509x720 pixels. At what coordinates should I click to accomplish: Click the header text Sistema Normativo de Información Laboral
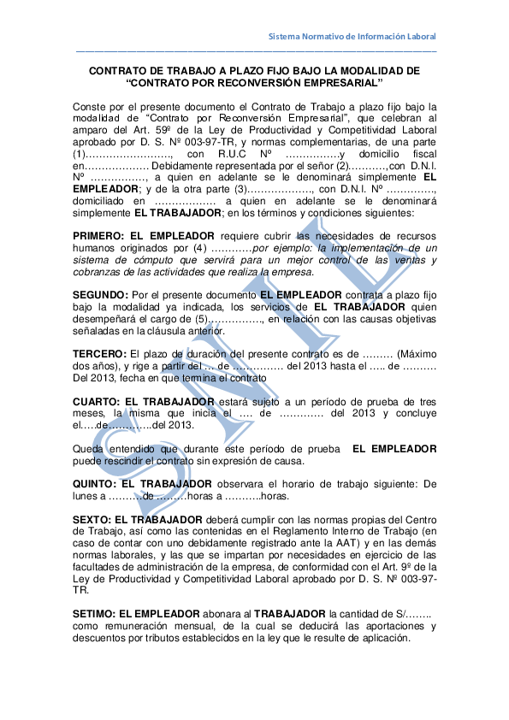(x=352, y=37)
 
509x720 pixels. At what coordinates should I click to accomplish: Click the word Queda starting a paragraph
(x=89, y=449)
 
